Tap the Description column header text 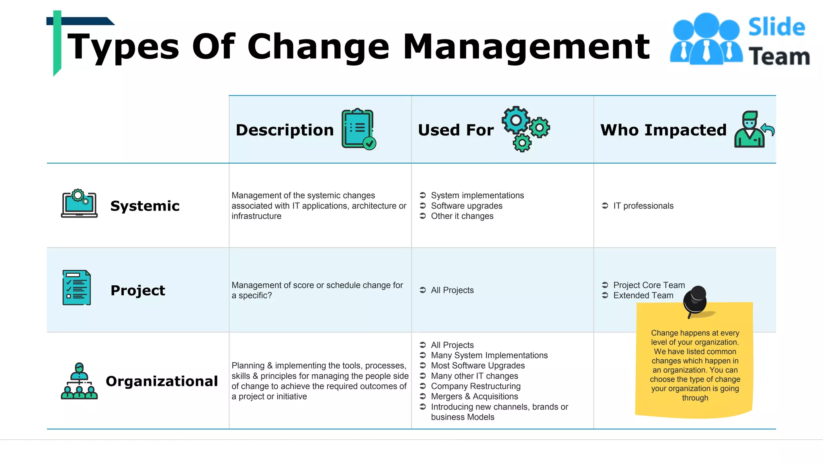285,130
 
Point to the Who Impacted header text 663,130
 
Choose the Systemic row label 145,206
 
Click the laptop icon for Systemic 79,203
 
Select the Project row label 137,290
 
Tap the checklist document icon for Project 76,288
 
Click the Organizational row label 162,381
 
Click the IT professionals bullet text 643,206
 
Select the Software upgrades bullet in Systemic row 466,206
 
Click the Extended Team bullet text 643,295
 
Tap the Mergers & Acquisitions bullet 474,396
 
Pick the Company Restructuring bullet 475,386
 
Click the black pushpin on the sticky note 696,301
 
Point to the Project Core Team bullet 649,285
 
